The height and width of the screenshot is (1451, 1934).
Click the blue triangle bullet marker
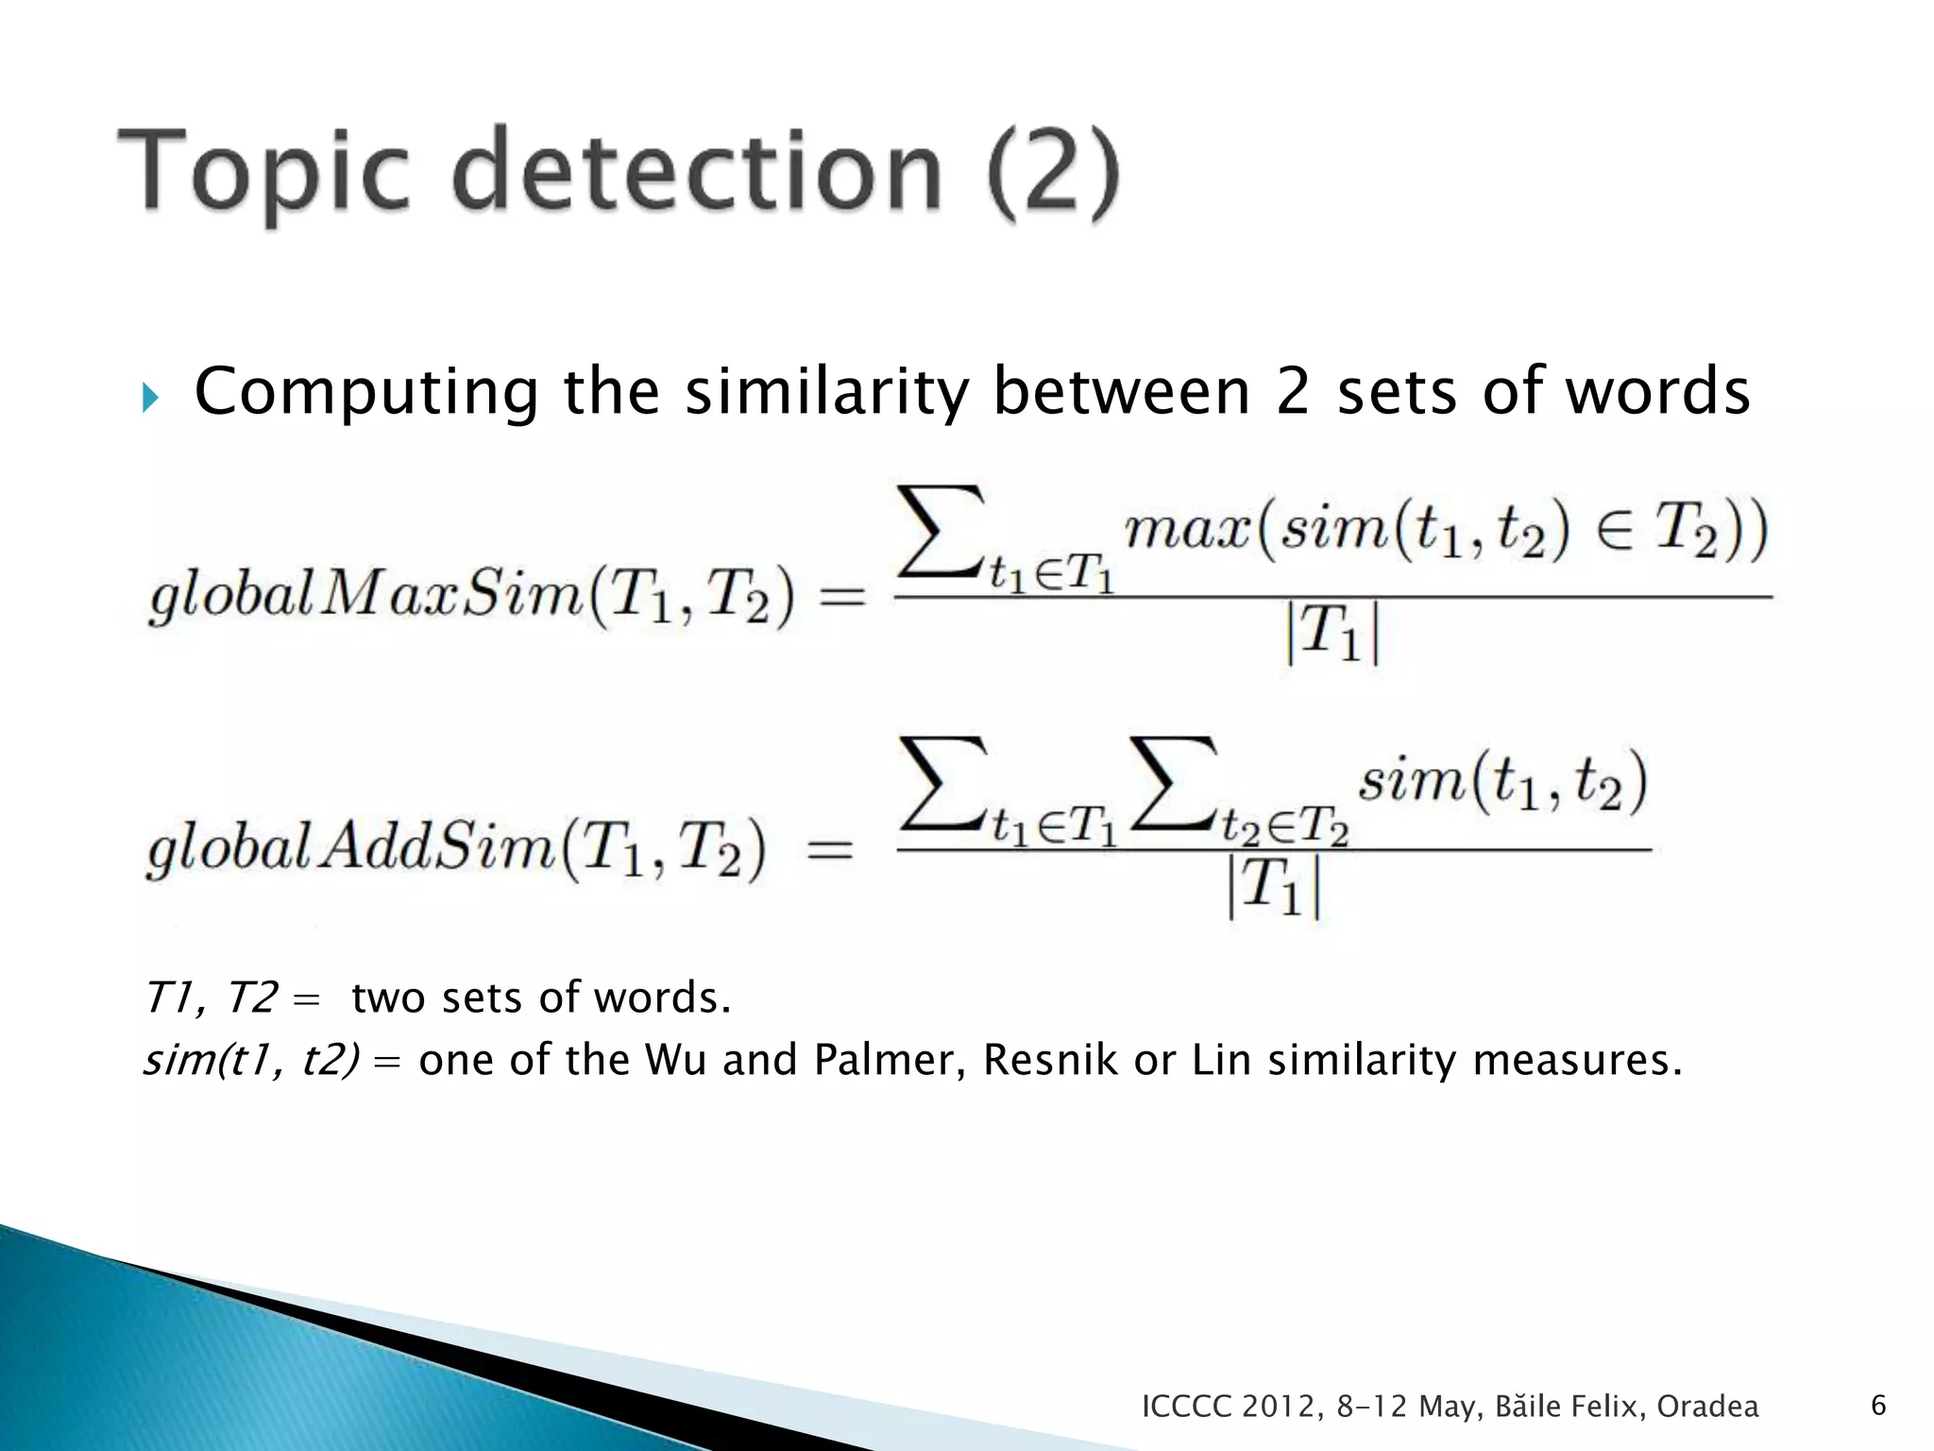(150, 397)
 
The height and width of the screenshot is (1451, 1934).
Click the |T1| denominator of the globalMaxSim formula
(1332, 633)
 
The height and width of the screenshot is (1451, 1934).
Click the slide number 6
(1878, 1406)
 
